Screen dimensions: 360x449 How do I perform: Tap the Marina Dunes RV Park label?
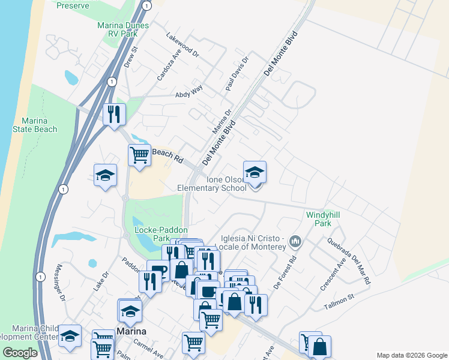click(118, 30)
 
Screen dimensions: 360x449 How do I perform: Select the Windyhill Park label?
click(319, 219)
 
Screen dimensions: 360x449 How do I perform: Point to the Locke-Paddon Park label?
click(161, 234)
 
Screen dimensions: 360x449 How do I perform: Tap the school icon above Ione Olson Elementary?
click(255, 173)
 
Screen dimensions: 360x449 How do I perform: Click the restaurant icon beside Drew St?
click(114, 113)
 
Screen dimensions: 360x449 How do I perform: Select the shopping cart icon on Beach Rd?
click(140, 155)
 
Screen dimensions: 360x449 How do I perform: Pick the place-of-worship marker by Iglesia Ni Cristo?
click(295, 242)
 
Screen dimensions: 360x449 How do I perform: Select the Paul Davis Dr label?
click(237, 76)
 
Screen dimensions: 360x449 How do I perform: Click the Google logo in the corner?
click(20, 353)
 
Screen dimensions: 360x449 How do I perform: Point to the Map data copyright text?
click(411, 355)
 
